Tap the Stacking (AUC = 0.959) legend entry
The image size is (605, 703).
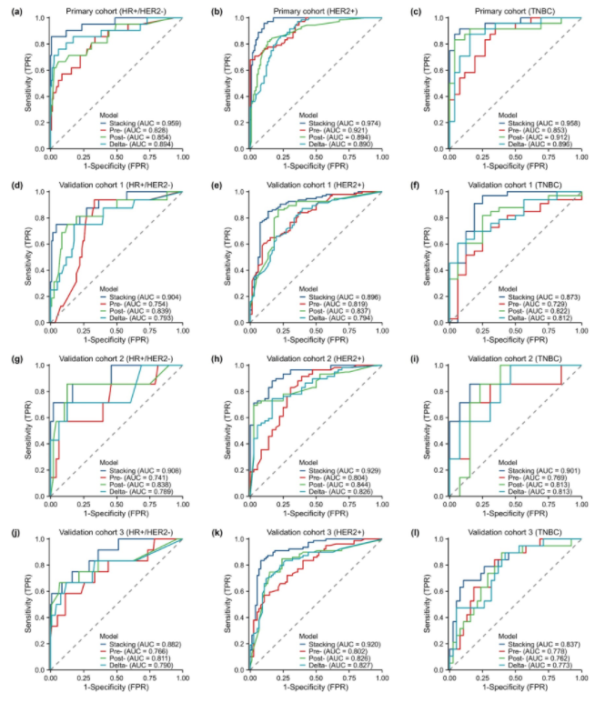point(145,123)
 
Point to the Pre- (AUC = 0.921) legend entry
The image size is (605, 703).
point(341,131)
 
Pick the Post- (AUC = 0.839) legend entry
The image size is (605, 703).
point(139,311)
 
